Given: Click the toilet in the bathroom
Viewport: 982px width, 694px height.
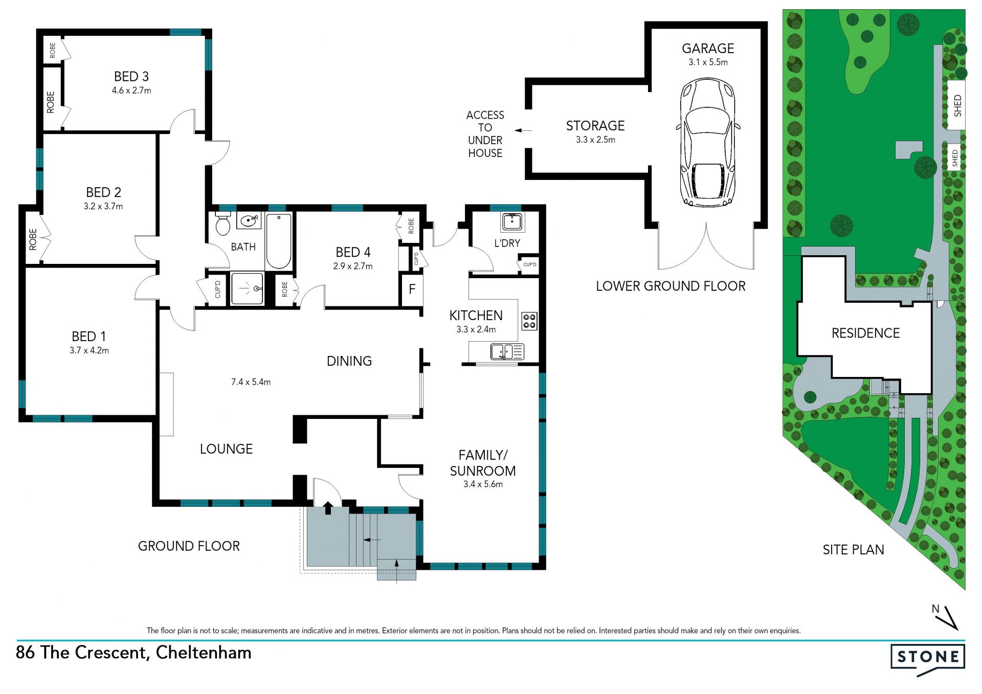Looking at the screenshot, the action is (x=223, y=223).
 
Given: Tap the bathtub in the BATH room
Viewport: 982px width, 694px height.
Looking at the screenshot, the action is (x=279, y=241).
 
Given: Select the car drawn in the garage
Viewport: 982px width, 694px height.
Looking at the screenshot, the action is (x=708, y=143).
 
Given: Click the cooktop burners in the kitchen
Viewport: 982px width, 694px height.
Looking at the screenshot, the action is (x=529, y=321).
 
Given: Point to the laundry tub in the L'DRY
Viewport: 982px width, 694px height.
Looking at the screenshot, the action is (x=512, y=222).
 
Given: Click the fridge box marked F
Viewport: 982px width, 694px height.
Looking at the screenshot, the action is (x=412, y=290).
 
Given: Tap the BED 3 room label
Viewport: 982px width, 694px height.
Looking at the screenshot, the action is (x=131, y=77).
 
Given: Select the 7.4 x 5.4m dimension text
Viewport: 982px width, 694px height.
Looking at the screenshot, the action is (x=251, y=382).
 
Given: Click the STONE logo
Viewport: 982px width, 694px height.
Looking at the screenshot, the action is (x=928, y=659).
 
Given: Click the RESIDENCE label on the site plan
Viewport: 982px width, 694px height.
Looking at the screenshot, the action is (x=865, y=333).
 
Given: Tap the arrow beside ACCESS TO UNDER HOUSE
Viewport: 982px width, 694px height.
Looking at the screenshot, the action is (x=523, y=130).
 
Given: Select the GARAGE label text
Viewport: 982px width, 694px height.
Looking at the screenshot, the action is (x=708, y=49).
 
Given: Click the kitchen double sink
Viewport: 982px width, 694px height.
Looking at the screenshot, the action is (x=507, y=352).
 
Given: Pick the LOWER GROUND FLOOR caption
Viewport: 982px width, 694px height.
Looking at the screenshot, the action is (x=671, y=286).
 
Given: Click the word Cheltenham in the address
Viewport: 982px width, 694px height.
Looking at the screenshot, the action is (x=204, y=653).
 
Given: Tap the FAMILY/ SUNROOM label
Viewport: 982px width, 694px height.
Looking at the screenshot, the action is (x=483, y=463).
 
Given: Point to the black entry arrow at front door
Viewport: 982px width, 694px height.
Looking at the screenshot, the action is (x=328, y=508).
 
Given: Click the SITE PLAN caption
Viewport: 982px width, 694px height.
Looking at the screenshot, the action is (x=853, y=550).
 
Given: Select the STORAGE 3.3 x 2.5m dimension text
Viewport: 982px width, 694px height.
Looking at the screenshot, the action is (x=595, y=140).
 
